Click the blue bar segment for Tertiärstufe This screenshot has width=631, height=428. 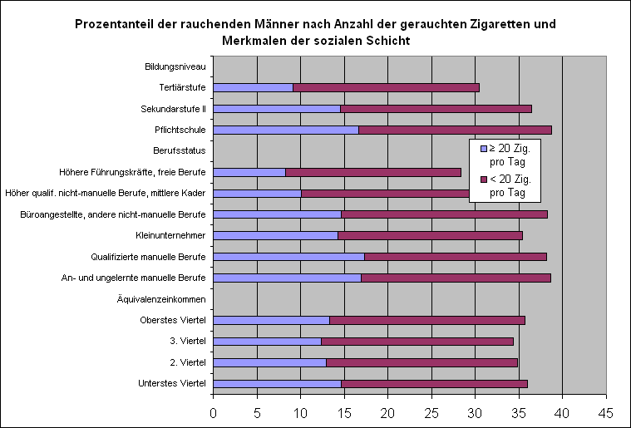[x=253, y=87]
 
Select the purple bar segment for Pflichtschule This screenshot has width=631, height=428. [x=455, y=130]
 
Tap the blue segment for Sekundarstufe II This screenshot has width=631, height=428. [x=276, y=108]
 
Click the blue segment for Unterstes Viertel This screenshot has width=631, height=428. [x=277, y=383]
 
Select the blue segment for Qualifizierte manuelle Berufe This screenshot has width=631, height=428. [x=288, y=256]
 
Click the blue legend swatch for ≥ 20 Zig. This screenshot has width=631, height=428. [x=484, y=149]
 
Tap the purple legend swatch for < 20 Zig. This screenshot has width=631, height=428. [x=484, y=180]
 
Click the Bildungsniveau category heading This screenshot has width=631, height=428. [x=175, y=66]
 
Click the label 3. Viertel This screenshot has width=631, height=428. [x=188, y=341]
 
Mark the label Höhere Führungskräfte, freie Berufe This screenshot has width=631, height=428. [x=132, y=172]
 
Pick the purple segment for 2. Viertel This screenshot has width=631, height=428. [x=421, y=362]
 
